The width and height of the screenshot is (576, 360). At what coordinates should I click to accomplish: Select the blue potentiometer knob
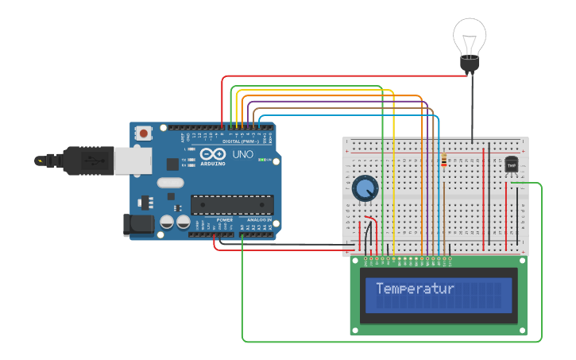click(365, 188)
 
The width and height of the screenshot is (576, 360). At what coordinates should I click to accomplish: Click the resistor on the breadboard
click(443, 161)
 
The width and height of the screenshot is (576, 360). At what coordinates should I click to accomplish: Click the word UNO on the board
click(243, 154)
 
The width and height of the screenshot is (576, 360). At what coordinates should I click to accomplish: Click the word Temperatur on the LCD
click(415, 288)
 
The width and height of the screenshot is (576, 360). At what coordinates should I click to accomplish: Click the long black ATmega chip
click(231, 205)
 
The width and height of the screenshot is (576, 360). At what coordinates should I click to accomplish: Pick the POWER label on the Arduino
click(225, 219)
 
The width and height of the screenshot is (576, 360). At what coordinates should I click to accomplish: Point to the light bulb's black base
click(470, 64)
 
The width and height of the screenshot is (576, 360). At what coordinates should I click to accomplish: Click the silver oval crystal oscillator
click(170, 183)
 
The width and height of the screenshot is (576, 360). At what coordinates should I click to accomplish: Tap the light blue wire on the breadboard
click(439, 191)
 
